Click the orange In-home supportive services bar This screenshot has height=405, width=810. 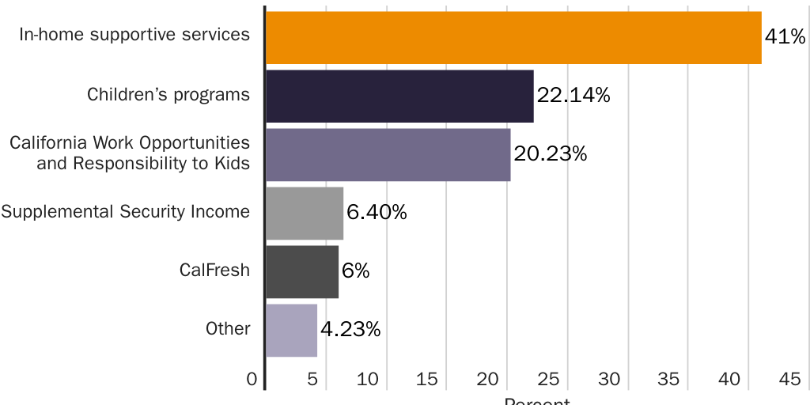513,37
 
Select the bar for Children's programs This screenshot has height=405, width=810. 399,96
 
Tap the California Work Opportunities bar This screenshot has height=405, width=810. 388,154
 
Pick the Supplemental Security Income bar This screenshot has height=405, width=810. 305,213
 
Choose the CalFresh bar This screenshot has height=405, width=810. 302,271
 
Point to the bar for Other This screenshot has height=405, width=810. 291,330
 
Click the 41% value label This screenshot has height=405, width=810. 785,36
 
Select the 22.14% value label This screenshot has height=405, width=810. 573,96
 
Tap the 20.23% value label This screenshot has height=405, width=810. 551,153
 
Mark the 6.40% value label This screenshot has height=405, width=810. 377,212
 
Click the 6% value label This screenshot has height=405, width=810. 356,271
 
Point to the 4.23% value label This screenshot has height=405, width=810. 350,329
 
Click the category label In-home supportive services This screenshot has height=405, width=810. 134,35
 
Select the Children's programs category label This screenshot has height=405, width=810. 168,95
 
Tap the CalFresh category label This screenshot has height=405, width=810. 214,271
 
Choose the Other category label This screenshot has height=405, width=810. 228,329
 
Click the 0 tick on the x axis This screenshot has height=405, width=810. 252,380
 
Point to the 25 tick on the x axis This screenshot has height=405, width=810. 548,380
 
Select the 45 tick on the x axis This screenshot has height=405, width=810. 789,380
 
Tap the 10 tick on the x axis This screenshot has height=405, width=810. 368,380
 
